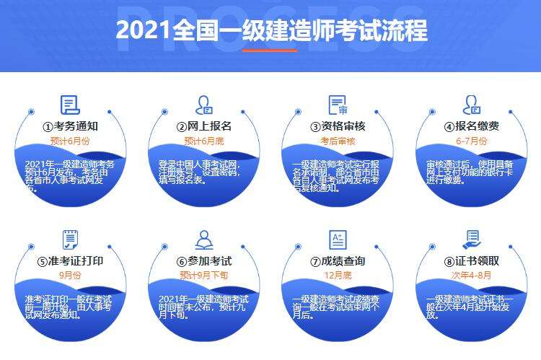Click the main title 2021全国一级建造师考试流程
click(x=270, y=30)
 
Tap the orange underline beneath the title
click(x=270, y=51)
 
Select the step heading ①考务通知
click(x=70, y=126)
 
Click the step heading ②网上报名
click(x=204, y=126)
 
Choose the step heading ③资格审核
click(x=338, y=126)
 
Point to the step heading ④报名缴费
click(x=472, y=126)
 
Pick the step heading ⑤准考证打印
click(x=70, y=260)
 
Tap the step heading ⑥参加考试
click(x=204, y=260)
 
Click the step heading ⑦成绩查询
click(x=338, y=260)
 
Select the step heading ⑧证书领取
click(x=472, y=260)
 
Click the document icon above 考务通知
click(x=70, y=105)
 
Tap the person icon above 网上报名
click(x=204, y=105)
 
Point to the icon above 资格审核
click(x=338, y=105)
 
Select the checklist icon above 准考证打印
click(x=70, y=239)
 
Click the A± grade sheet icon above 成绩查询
click(x=338, y=240)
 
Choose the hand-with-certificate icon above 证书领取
click(x=472, y=239)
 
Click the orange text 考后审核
click(x=338, y=141)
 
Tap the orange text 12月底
click(x=338, y=275)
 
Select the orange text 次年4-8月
click(x=472, y=275)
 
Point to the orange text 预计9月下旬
click(x=204, y=275)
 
